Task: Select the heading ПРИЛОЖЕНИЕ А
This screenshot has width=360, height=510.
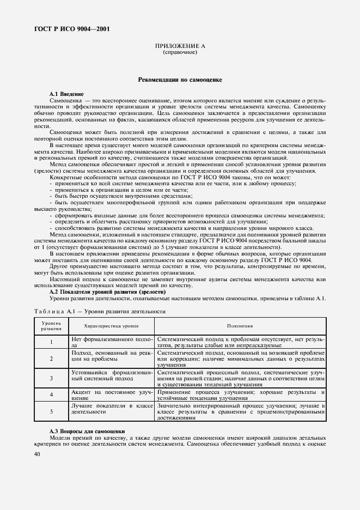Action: (x=180, y=47)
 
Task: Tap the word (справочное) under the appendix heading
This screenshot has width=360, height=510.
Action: (x=180, y=53)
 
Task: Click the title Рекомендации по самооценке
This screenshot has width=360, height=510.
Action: (x=180, y=80)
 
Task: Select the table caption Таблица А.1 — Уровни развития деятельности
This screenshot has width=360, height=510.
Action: (x=99, y=311)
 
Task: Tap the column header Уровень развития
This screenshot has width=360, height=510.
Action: (x=51, y=326)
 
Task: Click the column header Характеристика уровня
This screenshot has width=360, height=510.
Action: (x=111, y=326)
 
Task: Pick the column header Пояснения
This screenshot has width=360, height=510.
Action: (x=240, y=326)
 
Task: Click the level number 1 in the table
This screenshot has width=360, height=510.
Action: (x=51, y=342)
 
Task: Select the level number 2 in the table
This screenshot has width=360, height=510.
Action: (x=51, y=359)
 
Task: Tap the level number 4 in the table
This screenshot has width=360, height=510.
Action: (x=51, y=394)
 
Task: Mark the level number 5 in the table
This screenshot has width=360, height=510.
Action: (x=51, y=412)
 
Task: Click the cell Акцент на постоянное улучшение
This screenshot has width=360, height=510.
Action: (x=111, y=394)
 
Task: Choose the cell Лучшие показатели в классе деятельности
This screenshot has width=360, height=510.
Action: (x=111, y=409)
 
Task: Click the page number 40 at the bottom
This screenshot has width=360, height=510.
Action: (x=38, y=453)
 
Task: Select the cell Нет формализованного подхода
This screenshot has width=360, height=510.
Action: (x=111, y=342)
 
